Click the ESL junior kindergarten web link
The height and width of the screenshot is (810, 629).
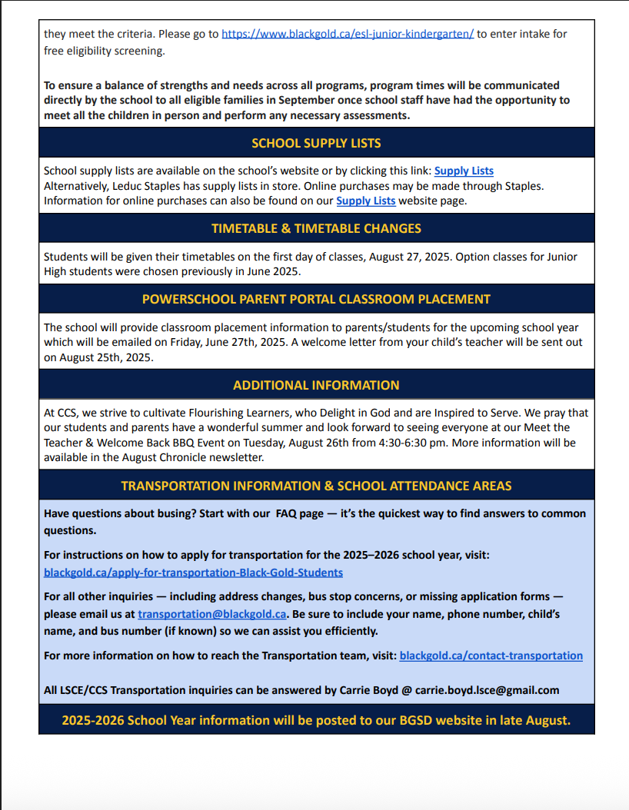click(348, 35)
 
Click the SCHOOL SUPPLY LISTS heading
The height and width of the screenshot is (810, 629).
click(316, 143)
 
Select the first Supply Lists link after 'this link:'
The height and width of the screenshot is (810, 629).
click(464, 171)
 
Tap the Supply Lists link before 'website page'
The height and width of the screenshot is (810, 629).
click(366, 201)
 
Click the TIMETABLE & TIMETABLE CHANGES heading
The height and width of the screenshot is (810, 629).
click(316, 228)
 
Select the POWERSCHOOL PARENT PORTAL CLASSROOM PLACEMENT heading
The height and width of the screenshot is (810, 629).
click(316, 299)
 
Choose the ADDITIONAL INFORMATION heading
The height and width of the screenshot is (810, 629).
click(316, 385)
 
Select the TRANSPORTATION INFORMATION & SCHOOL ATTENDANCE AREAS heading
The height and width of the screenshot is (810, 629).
click(316, 486)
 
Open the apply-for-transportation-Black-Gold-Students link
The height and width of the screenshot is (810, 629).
click(193, 573)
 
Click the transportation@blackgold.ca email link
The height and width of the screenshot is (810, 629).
click(212, 614)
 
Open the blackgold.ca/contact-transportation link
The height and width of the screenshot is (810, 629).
click(491, 656)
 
